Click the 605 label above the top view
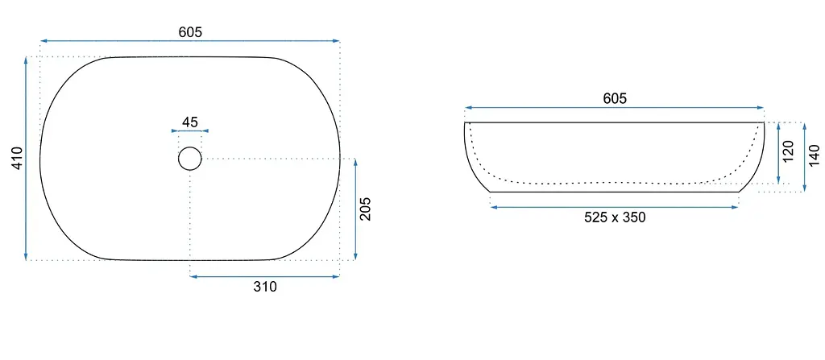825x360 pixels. pos(190,32)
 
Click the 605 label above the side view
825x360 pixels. pos(615,98)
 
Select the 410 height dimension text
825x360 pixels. pos(18,158)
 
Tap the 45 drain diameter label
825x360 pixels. pos(190,122)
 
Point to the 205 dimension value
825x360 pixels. pos(365,209)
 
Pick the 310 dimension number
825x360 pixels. pos(264,287)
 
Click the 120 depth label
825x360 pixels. pos(788,151)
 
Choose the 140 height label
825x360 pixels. pos(814,155)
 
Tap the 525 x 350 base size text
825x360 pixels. pos(615,217)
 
